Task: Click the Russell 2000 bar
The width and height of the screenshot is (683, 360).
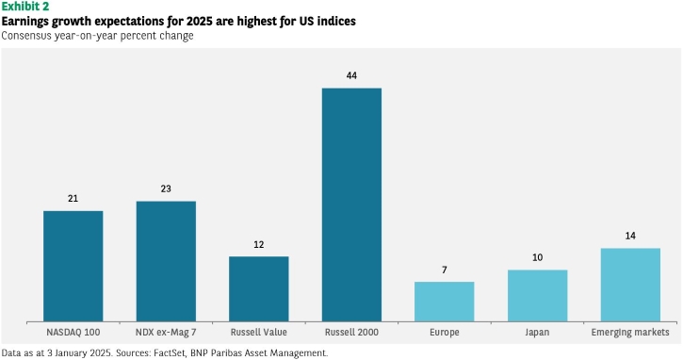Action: click(351, 205)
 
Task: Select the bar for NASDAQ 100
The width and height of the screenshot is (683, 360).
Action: click(73, 267)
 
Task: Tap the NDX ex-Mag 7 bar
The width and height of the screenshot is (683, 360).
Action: click(166, 261)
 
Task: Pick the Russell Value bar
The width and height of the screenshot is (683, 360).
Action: click(259, 289)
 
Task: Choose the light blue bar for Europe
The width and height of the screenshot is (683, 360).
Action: click(445, 302)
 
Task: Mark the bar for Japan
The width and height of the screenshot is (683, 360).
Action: click(538, 296)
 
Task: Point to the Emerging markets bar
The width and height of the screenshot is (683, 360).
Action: click(630, 285)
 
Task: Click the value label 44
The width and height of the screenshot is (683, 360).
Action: click(351, 75)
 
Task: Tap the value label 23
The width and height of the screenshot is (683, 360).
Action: click(166, 188)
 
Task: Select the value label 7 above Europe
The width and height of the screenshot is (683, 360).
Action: click(445, 270)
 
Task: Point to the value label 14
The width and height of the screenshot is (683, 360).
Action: click(630, 236)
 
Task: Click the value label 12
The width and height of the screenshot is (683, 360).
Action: click(259, 244)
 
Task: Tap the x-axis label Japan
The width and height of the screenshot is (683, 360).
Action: click(537, 333)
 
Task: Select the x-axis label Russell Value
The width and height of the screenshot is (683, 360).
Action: click(259, 332)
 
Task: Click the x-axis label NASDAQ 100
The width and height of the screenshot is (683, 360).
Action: click(73, 332)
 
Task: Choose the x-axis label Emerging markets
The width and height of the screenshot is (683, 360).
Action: click(630, 333)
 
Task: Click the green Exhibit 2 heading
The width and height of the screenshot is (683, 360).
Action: click(25, 6)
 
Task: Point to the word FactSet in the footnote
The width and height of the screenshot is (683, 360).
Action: click(171, 352)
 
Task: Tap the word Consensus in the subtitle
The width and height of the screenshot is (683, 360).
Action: click(26, 35)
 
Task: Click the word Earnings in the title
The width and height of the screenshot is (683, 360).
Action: click(25, 21)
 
